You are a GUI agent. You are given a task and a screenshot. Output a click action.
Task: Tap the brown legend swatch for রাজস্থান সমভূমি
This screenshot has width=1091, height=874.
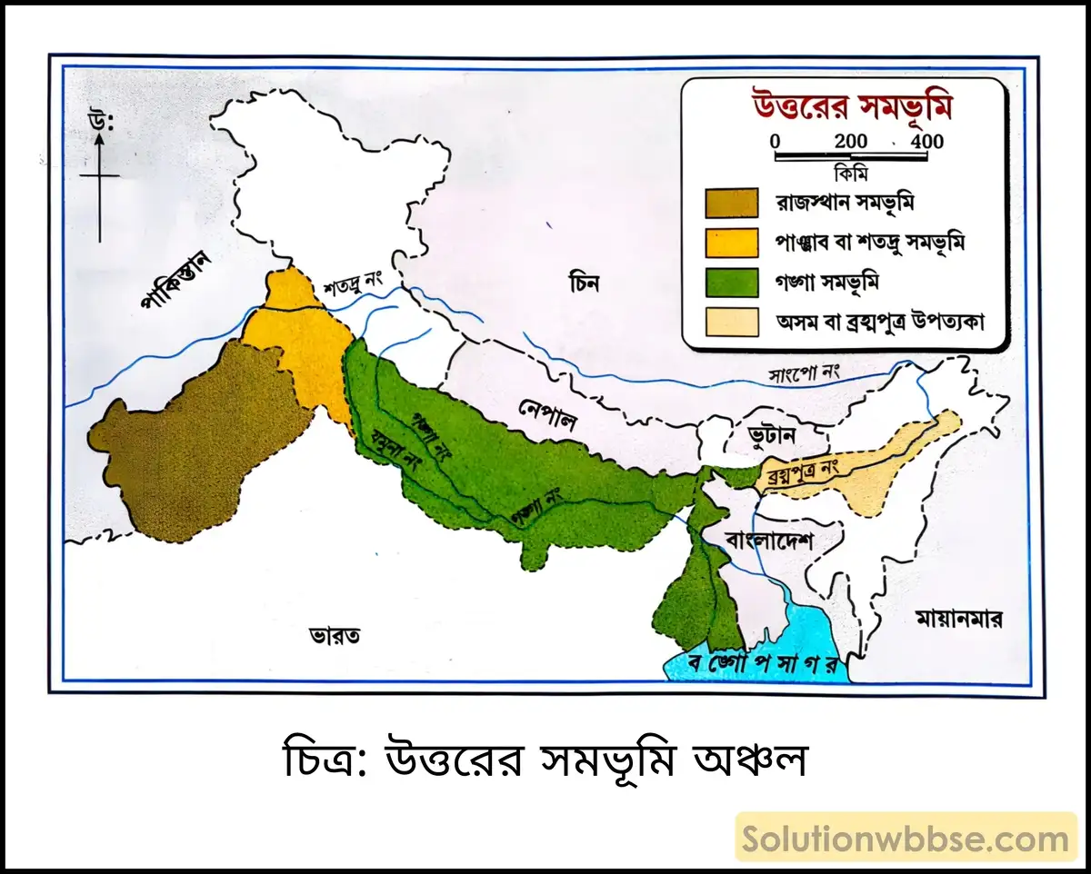731,204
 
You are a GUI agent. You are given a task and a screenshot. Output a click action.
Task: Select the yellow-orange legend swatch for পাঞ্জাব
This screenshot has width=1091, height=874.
731,243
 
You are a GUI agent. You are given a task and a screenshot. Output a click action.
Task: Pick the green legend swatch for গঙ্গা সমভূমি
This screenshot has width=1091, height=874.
731,282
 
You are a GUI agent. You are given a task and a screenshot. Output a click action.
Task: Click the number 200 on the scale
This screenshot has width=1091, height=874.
851,142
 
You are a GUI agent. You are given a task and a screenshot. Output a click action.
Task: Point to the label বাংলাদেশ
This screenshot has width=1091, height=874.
769,541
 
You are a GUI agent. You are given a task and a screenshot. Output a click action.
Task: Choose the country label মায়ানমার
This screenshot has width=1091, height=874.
958,621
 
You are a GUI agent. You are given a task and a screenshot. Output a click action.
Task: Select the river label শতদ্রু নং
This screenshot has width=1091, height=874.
357,289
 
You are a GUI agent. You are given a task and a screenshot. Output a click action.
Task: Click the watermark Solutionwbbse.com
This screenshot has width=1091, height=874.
906,839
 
